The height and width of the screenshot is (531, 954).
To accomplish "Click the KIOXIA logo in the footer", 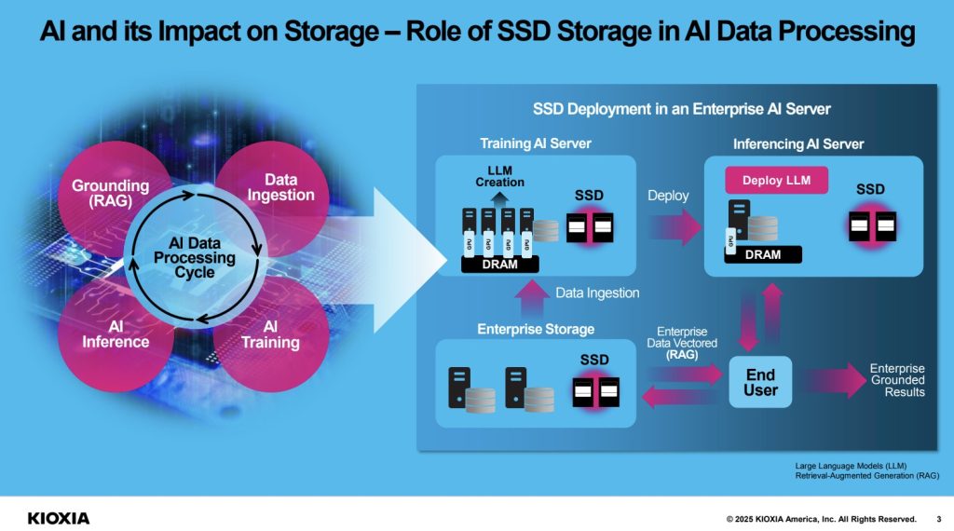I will point(59,518).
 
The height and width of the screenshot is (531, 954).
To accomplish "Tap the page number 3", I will point(937,519).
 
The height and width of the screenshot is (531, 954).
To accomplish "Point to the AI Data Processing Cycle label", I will point(195,257).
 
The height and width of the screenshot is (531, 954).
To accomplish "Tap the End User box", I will point(760,382).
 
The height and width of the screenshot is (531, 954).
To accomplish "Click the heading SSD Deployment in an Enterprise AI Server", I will point(681,109).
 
